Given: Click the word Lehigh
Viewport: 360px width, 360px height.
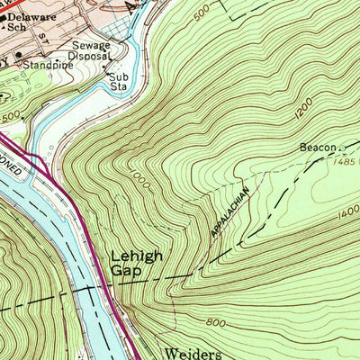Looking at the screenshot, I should pos(137,256).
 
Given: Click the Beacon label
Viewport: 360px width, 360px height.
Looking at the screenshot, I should pos(319,147).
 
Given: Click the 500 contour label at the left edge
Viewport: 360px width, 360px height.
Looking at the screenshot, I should pos(10,117).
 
